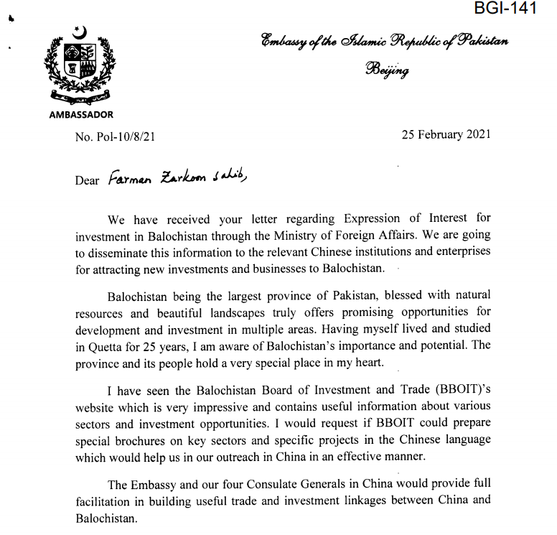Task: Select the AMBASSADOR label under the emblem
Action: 80,114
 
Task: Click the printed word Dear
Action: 87,180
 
